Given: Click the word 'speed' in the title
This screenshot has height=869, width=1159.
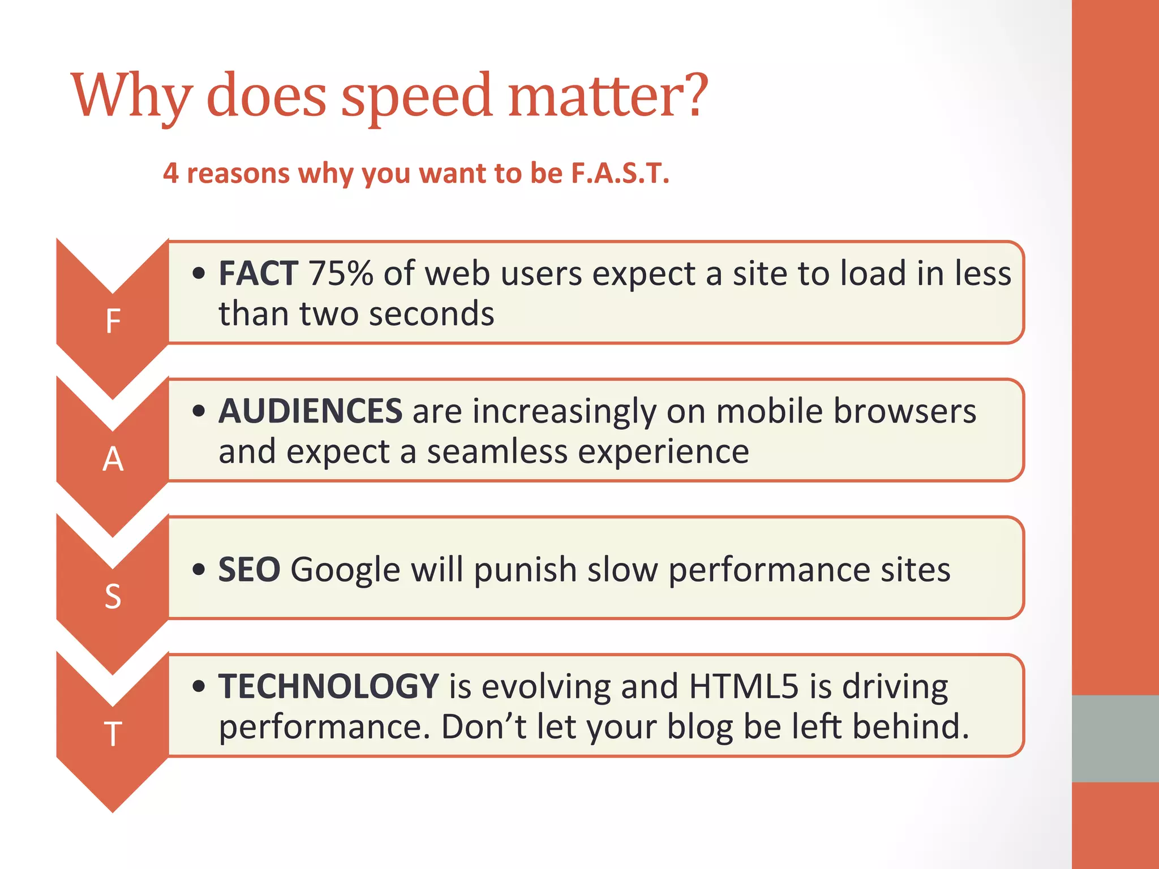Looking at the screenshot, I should tap(417, 96).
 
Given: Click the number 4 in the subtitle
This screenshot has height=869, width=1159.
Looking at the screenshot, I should tap(171, 173).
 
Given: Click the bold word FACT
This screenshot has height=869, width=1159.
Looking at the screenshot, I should tap(258, 274).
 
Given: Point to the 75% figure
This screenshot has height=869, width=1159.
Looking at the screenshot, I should tap(341, 274).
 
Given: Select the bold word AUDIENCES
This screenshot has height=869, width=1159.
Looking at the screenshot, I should tap(310, 411).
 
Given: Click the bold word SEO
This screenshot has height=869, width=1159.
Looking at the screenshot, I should tap(249, 570).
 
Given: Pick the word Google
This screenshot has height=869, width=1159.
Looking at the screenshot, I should tap(345, 570).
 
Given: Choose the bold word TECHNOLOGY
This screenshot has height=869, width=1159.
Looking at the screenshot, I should tap(328, 686).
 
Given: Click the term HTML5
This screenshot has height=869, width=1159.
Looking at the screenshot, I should tap(744, 686).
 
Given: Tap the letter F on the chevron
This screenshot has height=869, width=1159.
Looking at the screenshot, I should tap(113, 321).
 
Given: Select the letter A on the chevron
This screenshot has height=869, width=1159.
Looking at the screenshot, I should tap(113, 459).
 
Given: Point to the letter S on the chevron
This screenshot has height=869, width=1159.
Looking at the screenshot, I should tap(113, 596).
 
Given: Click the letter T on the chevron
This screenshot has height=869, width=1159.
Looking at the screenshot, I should tap(113, 734).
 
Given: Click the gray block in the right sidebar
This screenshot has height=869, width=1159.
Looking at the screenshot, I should tap(1115, 738).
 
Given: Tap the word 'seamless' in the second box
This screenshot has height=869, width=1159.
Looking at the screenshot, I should tap(497, 452).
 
